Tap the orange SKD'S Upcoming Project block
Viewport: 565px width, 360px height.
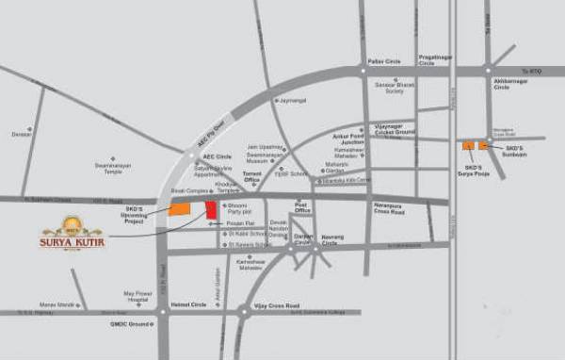click(179, 209)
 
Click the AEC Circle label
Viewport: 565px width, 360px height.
click(218, 156)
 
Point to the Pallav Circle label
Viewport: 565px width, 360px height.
click(384, 61)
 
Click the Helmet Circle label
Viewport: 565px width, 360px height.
click(189, 304)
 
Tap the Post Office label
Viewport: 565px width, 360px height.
click(302, 206)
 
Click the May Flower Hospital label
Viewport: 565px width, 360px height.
click(137, 295)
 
